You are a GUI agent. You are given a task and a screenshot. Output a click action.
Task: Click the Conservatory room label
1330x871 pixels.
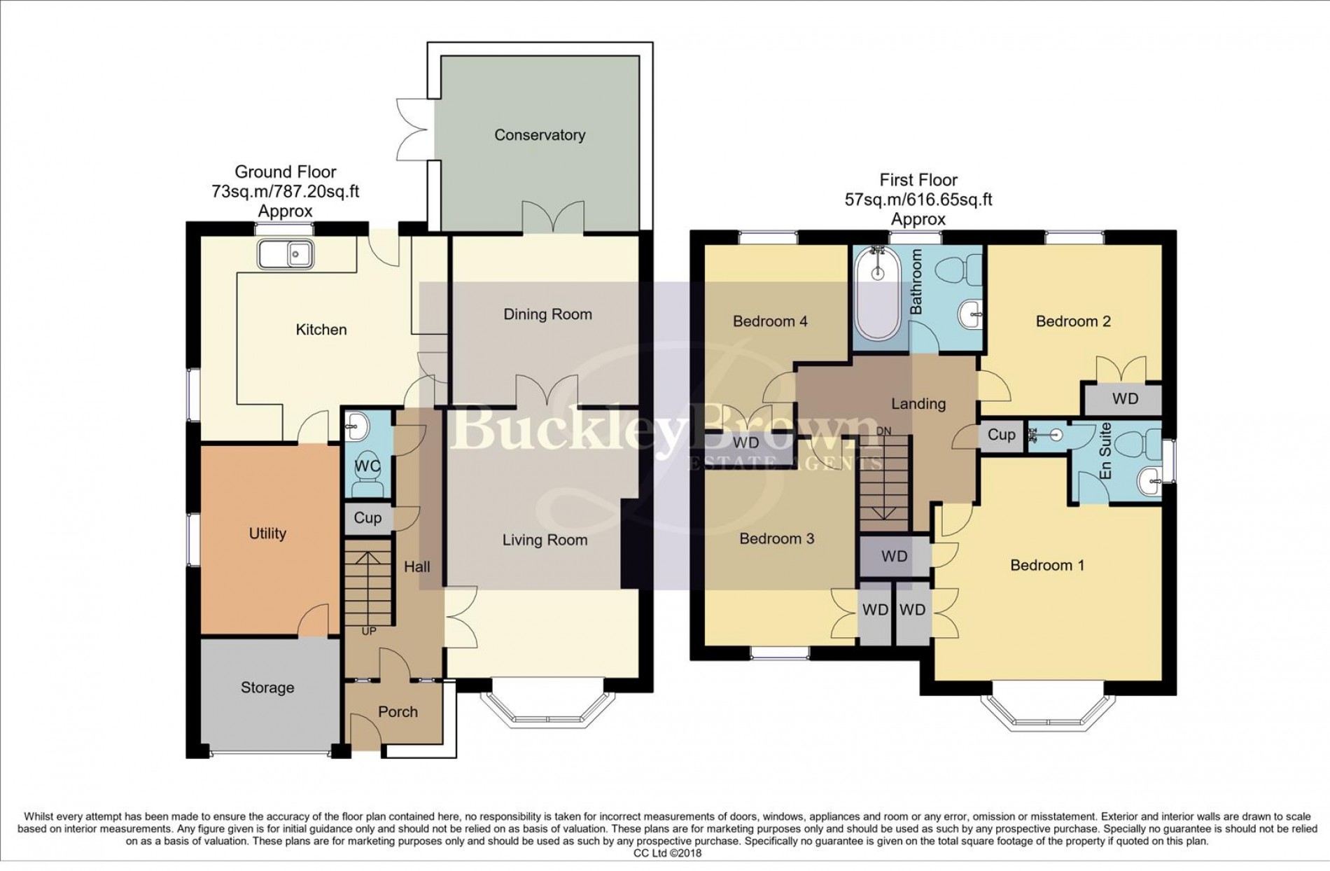point(540,135)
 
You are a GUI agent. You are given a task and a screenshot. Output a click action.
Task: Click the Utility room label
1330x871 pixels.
point(267,534)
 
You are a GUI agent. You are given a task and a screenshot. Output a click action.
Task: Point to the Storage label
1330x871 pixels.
point(267,688)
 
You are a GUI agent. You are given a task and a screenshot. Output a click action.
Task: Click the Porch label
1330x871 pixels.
point(398,712)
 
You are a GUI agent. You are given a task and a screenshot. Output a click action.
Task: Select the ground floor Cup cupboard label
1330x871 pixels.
point(367,518)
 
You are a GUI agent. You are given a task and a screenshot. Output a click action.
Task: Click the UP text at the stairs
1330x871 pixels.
point(368,632)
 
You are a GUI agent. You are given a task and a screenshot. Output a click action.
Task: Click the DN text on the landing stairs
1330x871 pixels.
point(883,431)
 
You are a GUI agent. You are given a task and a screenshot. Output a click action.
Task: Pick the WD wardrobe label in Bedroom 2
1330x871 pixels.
point(1125,399)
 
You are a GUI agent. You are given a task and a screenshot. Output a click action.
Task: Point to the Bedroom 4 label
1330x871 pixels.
point(770,321)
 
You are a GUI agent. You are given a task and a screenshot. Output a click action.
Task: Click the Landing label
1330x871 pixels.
point(918,404)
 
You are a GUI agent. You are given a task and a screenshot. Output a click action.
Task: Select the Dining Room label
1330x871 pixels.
point(547,314)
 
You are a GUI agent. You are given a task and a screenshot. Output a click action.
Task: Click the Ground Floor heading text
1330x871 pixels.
point(285,172)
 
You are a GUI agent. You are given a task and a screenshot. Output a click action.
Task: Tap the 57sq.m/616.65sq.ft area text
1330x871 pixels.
point(918,200)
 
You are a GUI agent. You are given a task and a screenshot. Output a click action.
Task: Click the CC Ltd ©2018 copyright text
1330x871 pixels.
point(666,853)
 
